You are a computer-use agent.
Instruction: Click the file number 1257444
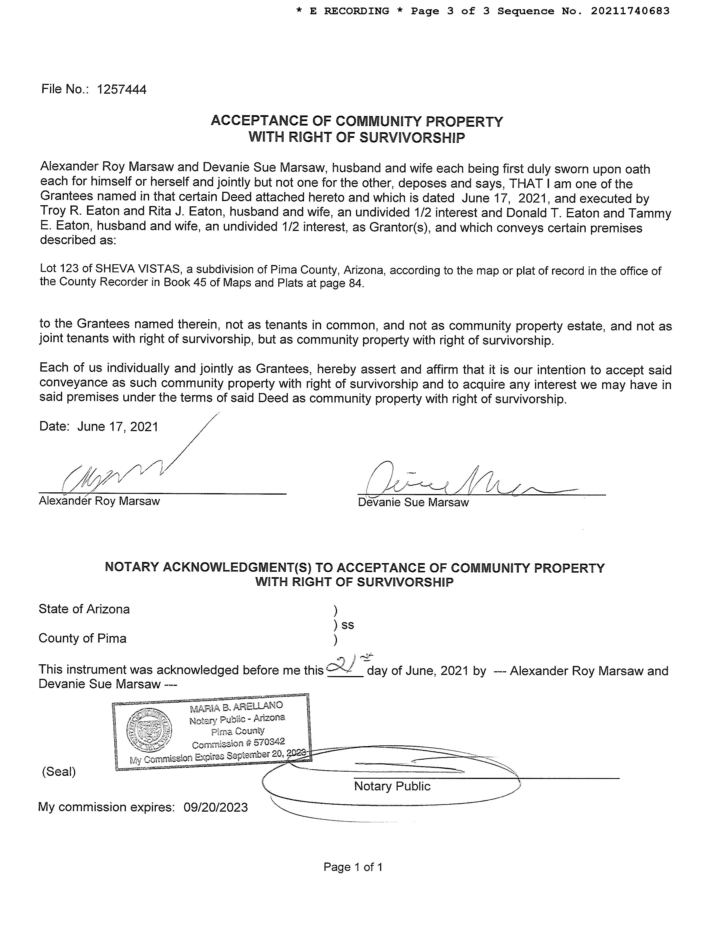121,89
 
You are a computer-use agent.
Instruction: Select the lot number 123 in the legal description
81,268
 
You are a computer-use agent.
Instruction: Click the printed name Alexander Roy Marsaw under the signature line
99,501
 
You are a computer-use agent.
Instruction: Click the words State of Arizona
84,609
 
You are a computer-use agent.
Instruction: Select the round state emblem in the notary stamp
149,730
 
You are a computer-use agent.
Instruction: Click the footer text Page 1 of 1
353,867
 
